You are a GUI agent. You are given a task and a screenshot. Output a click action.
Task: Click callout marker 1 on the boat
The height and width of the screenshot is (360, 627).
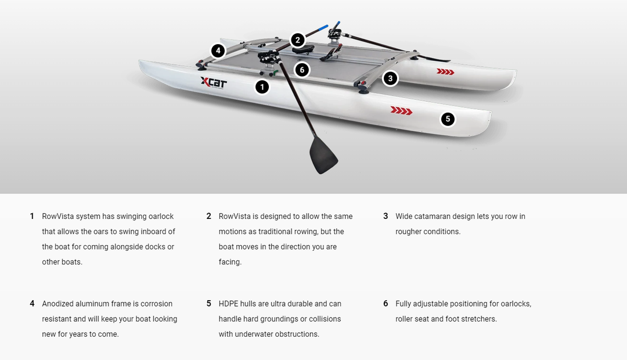(262, 87)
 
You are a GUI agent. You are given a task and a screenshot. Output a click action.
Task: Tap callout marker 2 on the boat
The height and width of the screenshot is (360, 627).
(297, 40)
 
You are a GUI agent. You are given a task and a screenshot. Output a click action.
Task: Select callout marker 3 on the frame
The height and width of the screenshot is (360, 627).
(390, 78)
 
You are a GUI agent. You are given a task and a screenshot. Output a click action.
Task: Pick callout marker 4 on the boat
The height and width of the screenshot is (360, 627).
(218, 51)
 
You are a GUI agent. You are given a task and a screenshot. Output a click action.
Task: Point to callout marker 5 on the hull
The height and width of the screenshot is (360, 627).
(447, 119)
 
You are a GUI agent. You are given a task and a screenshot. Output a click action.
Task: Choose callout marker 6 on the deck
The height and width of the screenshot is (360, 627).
(301, 70)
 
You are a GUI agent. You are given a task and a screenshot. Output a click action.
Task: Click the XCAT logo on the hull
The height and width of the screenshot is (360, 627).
(214, 82)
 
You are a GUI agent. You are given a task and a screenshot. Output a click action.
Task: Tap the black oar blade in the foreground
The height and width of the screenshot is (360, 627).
(323, 155)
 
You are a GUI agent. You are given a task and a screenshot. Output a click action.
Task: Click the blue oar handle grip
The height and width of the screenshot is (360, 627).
(319, 27)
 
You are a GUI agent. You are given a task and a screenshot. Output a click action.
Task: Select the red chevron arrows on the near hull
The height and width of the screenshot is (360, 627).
(401, 110)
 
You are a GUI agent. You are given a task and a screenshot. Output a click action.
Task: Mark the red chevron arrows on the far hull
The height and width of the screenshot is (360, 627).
(445, 72)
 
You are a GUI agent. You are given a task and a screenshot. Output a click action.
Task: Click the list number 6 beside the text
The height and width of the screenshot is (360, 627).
(385, 304)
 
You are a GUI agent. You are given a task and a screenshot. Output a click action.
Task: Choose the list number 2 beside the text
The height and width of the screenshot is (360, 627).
(208, 217)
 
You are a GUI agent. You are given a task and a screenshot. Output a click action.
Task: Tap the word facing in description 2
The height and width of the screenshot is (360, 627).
(229, 262)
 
